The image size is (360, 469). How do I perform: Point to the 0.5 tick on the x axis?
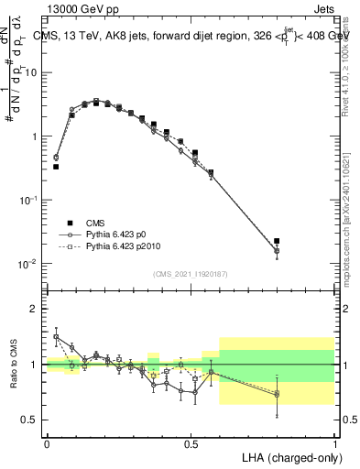[191, 442]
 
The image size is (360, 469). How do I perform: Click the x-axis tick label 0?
[47, 442]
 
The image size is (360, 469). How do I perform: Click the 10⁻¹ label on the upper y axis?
[27, 200]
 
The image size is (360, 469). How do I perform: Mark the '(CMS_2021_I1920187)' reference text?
[191, 274]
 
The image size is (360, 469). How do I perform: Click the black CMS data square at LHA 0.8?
[277, 241]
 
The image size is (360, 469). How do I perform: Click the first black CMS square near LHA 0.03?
[56, 167]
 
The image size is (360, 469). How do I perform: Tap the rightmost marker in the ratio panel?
[277, 394]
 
